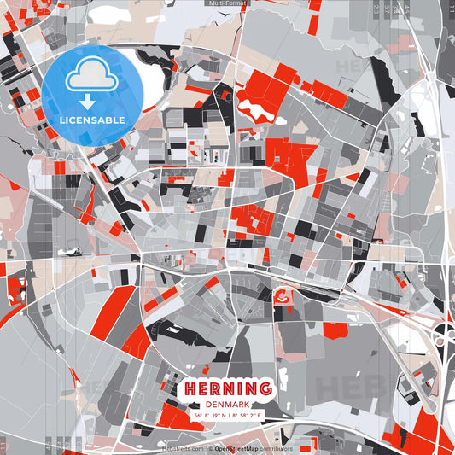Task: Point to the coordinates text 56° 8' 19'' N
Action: tap(212, 415)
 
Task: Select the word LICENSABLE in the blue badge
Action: tap(92, 120)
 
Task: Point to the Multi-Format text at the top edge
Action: tap(227, 3)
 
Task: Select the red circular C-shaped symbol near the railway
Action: tap(283, 297)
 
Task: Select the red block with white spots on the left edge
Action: tap(15, 290)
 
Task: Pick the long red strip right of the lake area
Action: tap(329, 94)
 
